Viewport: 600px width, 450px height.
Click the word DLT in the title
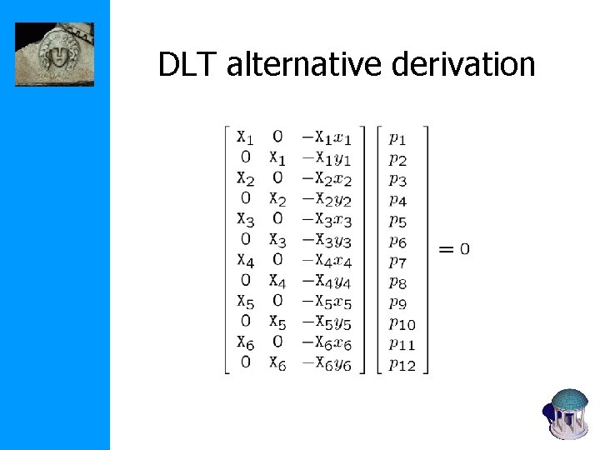coord(185,63)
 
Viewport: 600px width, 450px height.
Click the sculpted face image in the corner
coord(54,54)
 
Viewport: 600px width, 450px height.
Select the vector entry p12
coord(403,363)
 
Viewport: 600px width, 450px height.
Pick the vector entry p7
coord(398,261)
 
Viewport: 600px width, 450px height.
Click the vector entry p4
coord(398,200)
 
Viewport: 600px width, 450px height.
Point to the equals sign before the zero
coord(447,249)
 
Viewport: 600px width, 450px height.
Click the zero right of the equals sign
coord(464,249)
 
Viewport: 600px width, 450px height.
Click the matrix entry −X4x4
coord(327,261)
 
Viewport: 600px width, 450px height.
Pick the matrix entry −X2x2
coord(327,179)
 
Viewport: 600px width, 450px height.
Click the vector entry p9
coord(398,302)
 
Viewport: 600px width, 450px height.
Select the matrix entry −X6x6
coord(327,342)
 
